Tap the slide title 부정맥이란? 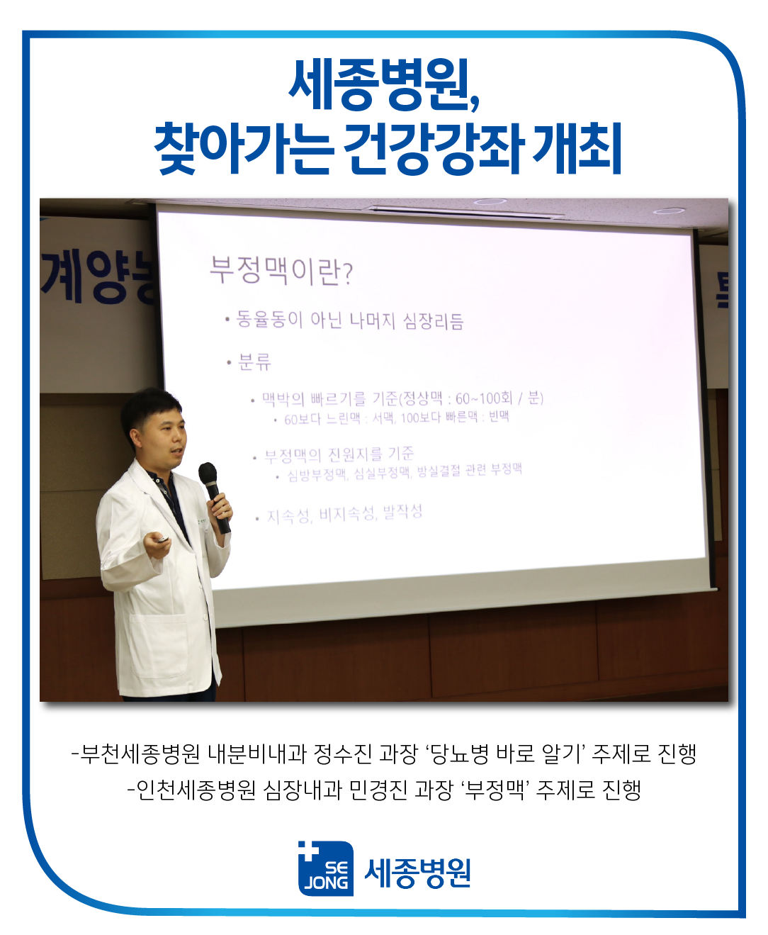(x=281, y=270)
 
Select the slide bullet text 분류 (x=254, y=362)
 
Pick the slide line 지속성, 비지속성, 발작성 (x=344, y=513)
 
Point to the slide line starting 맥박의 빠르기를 (x=402, y=398)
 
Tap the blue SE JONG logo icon (x=325, y=868)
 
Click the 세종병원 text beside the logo (x=417, y=873)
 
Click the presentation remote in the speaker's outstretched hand (x=162, y=539)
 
